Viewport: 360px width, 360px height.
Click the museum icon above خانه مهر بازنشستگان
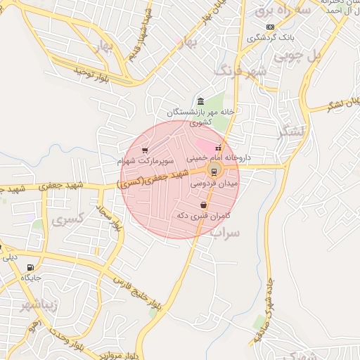[x=201, y=101]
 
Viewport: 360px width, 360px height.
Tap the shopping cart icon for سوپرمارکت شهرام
[x=145, y=150]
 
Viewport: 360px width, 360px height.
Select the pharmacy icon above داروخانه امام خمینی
[x=218, y=148]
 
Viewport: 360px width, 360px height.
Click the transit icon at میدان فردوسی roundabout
[x=214, y=171]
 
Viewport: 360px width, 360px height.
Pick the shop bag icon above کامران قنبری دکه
[x=203, y=205]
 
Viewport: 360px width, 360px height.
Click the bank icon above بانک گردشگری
[x=271, y=27]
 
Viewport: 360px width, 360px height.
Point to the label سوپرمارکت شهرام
[x=145, y=161]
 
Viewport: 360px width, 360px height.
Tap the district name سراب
[x=224, y=231]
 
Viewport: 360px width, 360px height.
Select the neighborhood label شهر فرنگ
[x=241, y=71]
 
